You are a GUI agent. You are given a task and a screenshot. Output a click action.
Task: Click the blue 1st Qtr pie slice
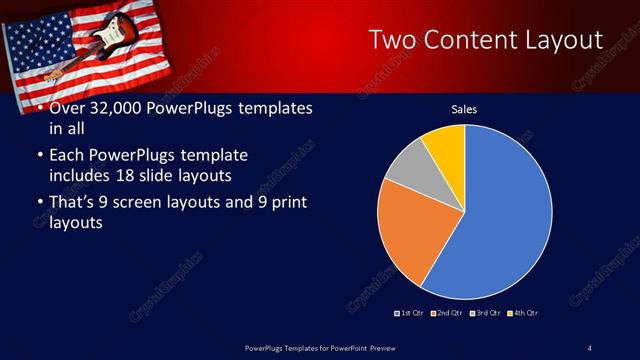tap(505, 210)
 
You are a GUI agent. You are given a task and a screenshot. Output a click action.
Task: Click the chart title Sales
tap(464, 109)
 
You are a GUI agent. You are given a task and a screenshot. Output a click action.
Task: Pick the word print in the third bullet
tap(286, 203)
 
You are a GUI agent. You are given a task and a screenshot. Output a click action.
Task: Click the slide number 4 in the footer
tap(589, 347)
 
